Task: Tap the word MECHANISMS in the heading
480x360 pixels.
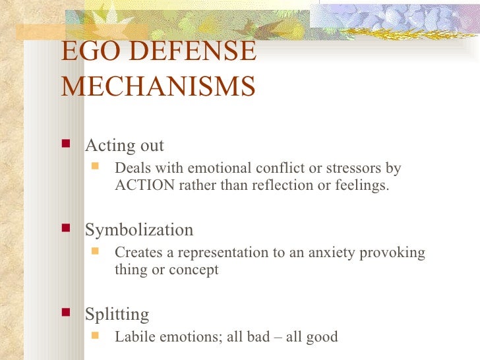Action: (x=158, y=86)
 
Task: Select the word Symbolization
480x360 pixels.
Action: (x=139, y=230)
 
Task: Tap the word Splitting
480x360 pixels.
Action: (x=117, y=315)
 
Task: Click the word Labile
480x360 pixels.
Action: (x=136, y=337)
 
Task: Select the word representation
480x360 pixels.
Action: (x=219, y=253)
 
